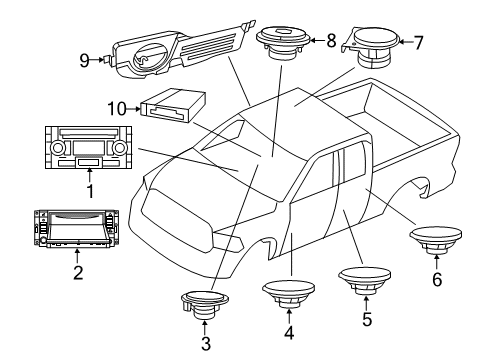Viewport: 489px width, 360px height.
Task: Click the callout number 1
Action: point(89,187)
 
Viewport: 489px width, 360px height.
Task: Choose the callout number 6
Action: point(436,282)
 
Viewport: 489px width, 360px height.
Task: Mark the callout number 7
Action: point(418,42)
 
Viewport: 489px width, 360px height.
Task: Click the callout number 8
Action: point(331,41)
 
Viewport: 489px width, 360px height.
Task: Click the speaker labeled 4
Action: point(290,294)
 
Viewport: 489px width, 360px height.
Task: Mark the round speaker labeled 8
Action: point(283,41)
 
